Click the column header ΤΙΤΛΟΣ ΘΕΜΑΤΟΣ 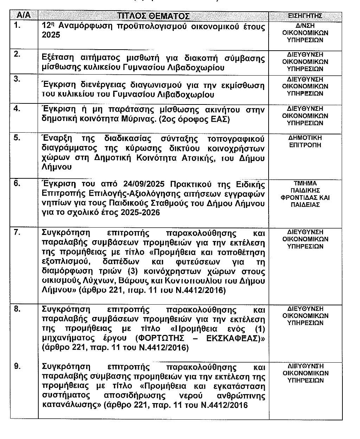click(153, 16)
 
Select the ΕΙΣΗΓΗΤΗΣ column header click(305, 16)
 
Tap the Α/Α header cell click(24, 16)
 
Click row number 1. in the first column click(17, 25)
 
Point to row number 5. click(17, 138)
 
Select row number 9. click(17, 366)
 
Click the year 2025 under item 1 click(51, 35)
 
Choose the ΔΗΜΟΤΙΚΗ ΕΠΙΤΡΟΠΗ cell click(305, 141)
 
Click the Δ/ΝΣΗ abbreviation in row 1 click(305, 26)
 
